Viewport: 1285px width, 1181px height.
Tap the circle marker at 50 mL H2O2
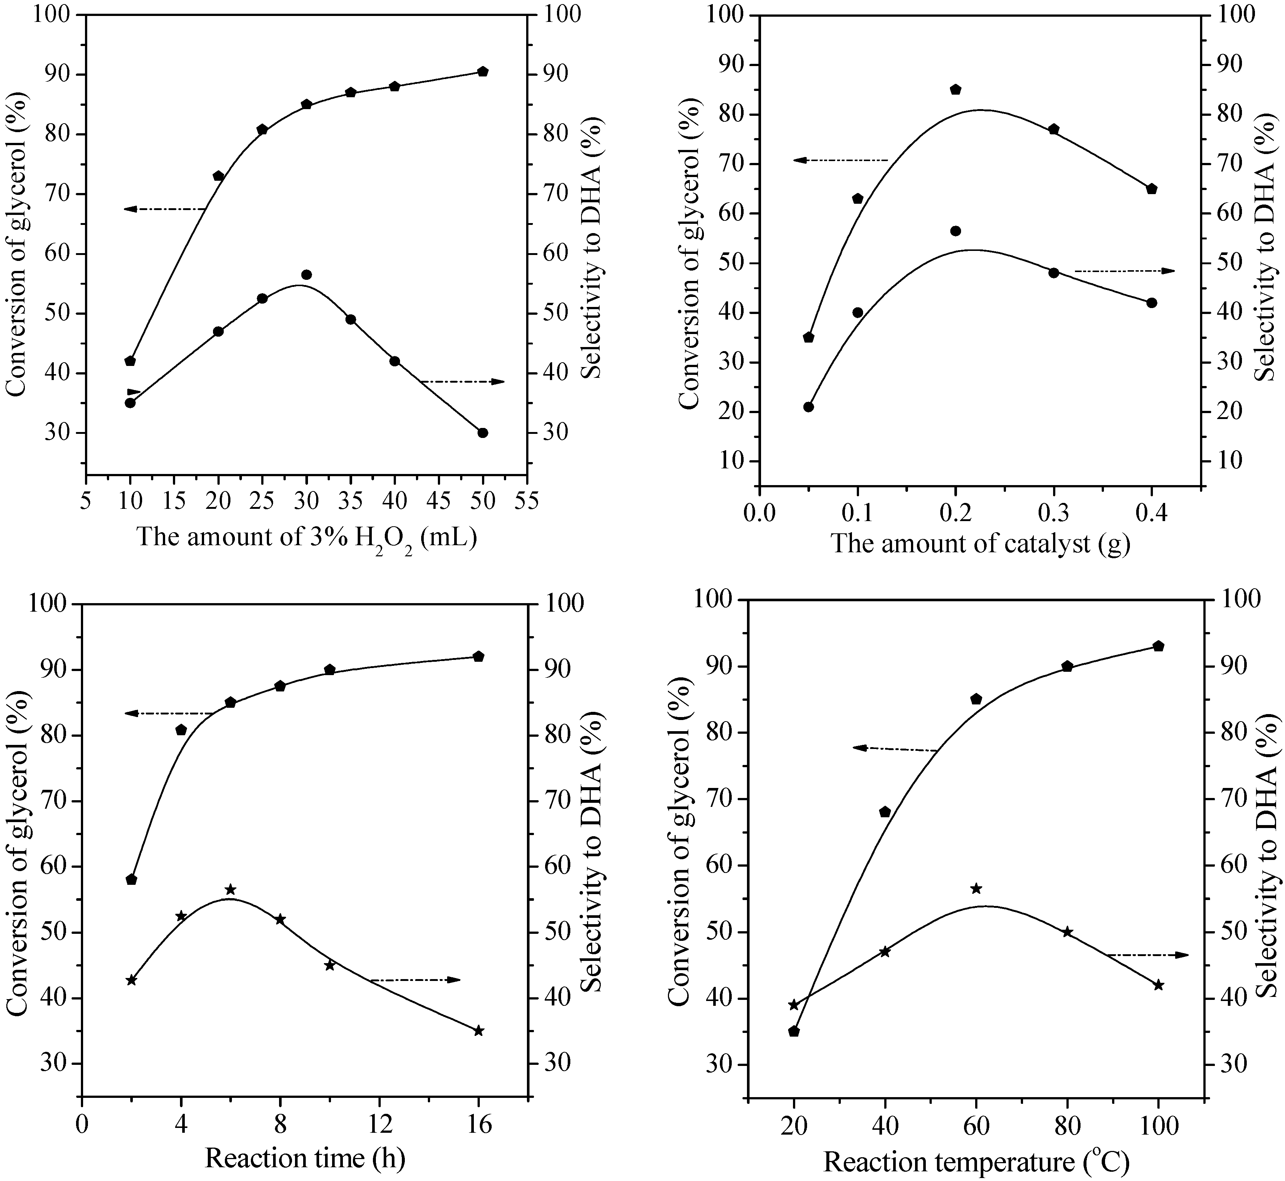(482, 433)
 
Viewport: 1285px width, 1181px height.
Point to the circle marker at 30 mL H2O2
(306, 275)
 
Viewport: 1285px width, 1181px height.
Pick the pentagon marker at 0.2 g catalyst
(956, 89)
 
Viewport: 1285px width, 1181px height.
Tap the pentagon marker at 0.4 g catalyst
(1152, 189)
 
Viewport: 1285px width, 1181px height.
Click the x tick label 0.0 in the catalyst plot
(759, 514)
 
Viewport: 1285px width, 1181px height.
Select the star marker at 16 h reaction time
(479, 1030)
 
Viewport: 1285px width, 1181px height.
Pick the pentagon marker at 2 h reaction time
(132, 879)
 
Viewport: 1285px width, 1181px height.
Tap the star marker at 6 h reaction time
(231, 890)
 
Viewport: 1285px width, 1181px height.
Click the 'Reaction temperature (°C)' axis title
(976, 1161)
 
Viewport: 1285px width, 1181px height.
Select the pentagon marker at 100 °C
(1158, 646)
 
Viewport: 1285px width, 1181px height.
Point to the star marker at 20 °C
(794, 1005)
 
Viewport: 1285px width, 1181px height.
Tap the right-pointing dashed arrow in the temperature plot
(1147, 955)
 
